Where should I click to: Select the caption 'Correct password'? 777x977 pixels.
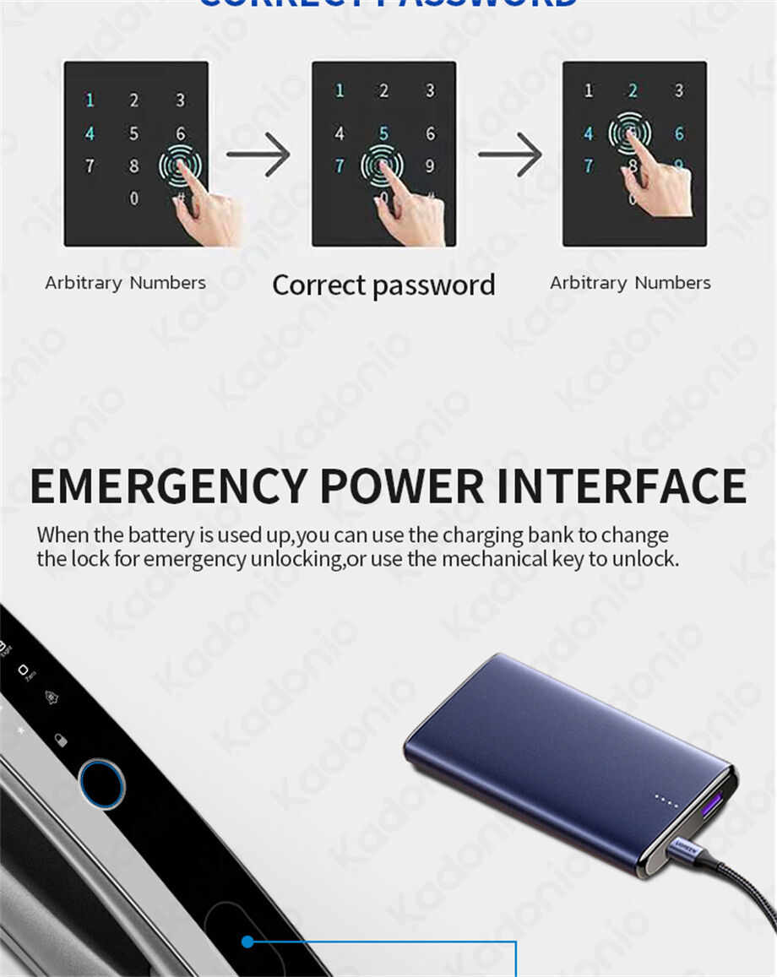[383, 285]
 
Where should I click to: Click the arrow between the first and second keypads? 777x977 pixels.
[258, 155]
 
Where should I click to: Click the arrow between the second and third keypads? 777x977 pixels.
[510, 155]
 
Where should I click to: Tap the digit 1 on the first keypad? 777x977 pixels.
[90, 100]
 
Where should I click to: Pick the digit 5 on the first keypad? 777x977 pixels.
[133, 133]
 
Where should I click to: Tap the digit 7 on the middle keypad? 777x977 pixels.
[339, 166]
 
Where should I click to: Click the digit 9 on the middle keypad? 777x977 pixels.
[430, 166]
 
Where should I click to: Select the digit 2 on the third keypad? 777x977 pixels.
[633, 90]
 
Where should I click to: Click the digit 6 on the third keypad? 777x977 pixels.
[678, 133]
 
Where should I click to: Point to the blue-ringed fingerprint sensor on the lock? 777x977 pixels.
[101, 783]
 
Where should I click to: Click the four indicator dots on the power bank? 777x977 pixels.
[666, 801]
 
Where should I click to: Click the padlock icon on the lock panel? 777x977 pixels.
[60, 741]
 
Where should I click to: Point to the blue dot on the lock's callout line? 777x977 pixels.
[247, 942]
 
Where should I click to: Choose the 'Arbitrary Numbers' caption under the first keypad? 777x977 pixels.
[125, 283]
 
